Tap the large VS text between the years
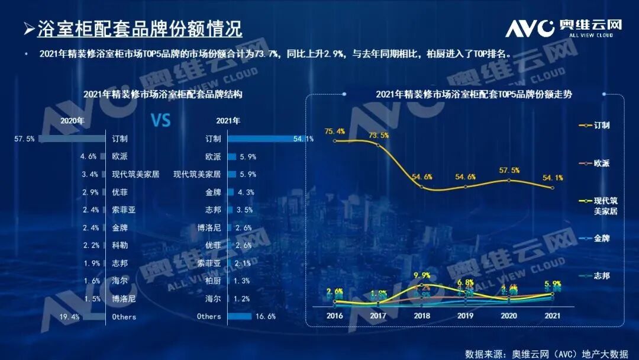tap(160, 121)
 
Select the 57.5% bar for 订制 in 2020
tap(72, 139)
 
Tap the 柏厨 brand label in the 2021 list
tap(212, 281)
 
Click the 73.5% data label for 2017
tap(379, 135)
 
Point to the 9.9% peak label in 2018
tap(422, 275)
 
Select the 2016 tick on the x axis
tap(335, 316)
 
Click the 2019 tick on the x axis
tap(465, 316)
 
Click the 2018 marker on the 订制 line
tap(422, 187)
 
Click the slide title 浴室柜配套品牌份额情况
tap(140, 28)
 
